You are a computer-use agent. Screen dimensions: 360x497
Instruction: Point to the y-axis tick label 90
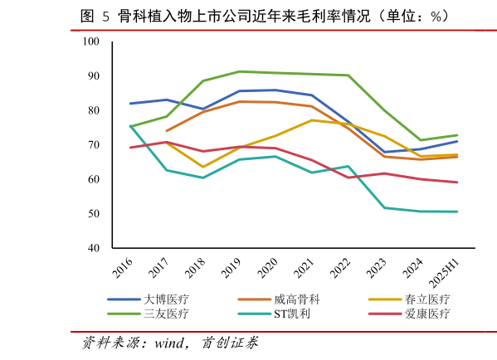pyautogui.click(x=93, y=76)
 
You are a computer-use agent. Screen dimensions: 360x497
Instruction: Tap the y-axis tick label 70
pyautogui.click(x=93, y=145)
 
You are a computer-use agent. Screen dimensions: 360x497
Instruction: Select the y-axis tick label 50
pyautogui.click(x=93, y=214)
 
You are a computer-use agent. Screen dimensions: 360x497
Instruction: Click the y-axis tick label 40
pyautogui.click(x=93, y=249)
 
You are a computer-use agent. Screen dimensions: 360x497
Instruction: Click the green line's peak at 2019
pyautogui.click(x=239, y=71)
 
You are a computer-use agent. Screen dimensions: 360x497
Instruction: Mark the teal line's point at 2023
pyautogui.click(x=384, y=207)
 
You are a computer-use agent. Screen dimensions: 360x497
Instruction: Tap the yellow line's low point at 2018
pyautogui.click(x=202, y=167)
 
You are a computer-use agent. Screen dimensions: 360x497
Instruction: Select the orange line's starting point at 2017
pyautogui.click(x=167, y=130)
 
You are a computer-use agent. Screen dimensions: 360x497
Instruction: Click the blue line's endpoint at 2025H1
pyautogui.click(x=457, y=141)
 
